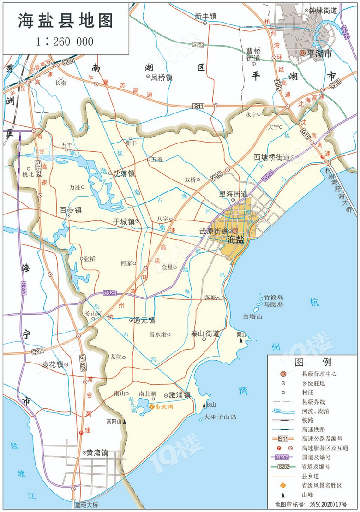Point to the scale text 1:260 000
(65, 42)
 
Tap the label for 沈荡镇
(125, 174)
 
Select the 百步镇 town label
(71, 210)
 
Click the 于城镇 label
(124, 221)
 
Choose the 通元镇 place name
(144, 320)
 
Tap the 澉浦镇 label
(180, 395)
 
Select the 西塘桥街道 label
(271, 157)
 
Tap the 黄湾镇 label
(97, 453)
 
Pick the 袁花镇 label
(52, 364)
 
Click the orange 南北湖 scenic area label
(163, 407)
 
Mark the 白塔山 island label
(252, 317)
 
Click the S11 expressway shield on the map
(198, 106)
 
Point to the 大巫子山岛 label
(220, 417)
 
